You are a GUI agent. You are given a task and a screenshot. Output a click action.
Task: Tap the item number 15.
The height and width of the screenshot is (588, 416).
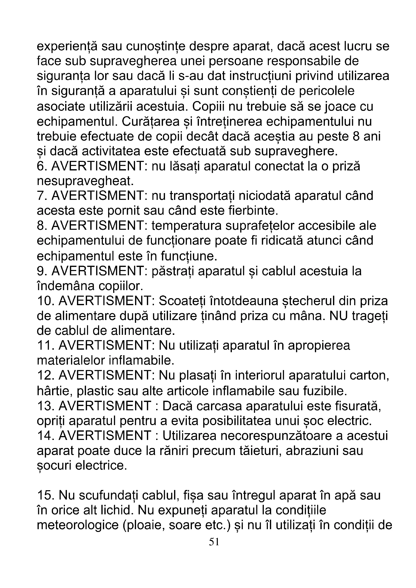pos(45,495)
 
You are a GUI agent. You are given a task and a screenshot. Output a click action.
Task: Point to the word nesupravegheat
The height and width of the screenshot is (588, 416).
pos(85,181)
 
